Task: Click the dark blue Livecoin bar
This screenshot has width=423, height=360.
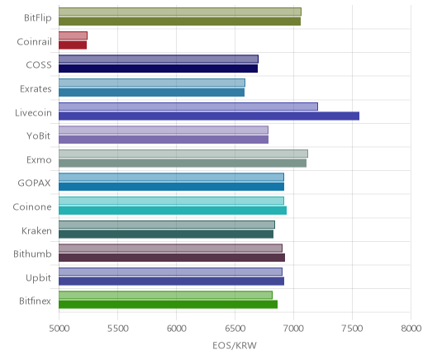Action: tap(209, 116)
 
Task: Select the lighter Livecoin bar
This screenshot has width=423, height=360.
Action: tap(188, 107)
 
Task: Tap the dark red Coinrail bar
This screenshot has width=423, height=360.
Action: tap(73, 45)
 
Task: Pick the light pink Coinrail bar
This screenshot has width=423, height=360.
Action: tap(73, 36)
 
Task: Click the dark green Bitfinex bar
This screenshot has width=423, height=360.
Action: tap(169, 305)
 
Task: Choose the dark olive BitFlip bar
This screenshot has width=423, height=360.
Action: tap(180, 21)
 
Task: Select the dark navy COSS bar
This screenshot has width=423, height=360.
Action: tap(159, 69)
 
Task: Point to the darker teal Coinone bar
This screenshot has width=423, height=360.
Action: tap(173, 211)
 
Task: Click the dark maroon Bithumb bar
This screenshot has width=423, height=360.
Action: tap(172, 258)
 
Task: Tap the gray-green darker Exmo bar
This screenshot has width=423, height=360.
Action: tap(183, 163)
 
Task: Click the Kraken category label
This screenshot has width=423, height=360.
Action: tap(36, 231)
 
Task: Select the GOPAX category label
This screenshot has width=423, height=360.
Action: tap(34, 183)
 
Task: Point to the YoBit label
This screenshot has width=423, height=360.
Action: tap(39, 136)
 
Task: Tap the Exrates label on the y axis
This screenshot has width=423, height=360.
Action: tap(36, 89)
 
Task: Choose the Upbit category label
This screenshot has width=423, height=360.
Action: tap(38, 278)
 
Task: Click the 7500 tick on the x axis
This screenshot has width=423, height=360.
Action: tap(352, 329)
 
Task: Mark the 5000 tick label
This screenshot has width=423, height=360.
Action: tap(59, 329)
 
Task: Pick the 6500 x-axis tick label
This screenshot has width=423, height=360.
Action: tap(235, 329)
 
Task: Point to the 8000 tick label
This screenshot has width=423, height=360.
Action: tap(411, 329)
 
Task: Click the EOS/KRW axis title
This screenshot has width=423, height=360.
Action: tap(235, 345)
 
